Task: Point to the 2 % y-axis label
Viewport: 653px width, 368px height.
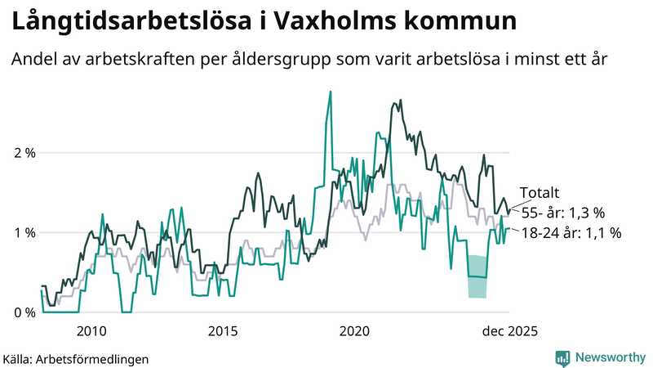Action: pos(24,153)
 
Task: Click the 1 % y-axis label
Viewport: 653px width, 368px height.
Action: pos(24,233)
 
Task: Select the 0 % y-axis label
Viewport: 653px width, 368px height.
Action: pos(24,312)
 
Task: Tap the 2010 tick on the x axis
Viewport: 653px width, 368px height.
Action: pos(91,331)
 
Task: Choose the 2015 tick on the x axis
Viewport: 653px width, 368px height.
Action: pos(223,331)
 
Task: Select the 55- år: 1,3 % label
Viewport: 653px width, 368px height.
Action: pos(563,213)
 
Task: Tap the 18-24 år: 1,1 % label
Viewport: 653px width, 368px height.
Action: pos(571,233)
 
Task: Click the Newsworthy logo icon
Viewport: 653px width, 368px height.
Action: pos(562,357)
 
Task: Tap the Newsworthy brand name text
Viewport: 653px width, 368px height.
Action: pos(609,357)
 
